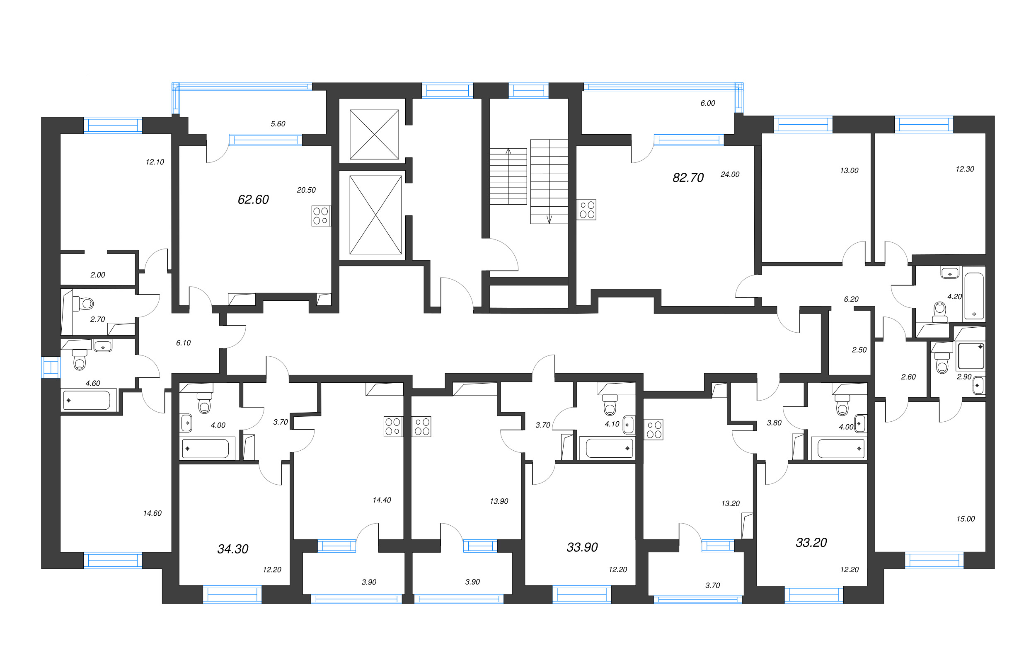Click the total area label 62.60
click(x=253, y=200)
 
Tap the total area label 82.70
click(x=688, y=178)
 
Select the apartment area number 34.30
click(x=232, y=549)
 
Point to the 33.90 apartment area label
click(x=582, y=547)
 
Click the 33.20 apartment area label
click(x=811, y=543)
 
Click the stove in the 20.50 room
click(x=321, y=216)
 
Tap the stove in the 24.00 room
click(x=587, y=210)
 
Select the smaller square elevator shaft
click(x=374, y=134)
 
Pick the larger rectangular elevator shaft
click(x=375, y=215)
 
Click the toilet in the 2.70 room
click(x=84, y=304)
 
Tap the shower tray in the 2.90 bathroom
click(x=971, y=356)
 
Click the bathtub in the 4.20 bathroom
click(x=974, y=296)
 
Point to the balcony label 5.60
click(x=278, y=124)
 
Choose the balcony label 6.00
click(x=707, y=103)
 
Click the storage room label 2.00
click(x=98, y=275)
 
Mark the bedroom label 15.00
click(x=966, y=519)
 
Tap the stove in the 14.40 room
click(x=393, y=427)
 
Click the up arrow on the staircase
click(x=508, y=151)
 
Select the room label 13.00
click(x=849, y=171)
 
